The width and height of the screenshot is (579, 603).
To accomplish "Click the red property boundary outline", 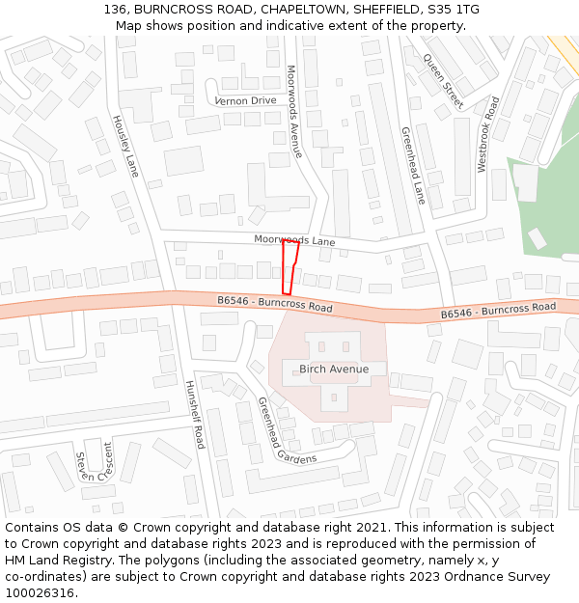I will [289, 267].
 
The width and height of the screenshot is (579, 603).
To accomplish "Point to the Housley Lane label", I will [125, 147].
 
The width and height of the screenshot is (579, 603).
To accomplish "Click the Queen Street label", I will [443, 80].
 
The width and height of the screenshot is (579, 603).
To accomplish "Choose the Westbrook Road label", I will [487, 134].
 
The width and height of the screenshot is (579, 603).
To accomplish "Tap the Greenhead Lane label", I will [413, 165].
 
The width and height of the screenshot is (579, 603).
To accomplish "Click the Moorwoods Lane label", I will [294, 239].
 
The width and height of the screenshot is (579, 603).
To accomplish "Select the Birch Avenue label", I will [334, 370].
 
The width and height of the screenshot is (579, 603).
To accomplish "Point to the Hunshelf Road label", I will [195, 414].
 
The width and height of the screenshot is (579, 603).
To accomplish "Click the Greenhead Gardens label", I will [286, 431].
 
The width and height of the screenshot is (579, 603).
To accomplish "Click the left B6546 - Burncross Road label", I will [275, 304].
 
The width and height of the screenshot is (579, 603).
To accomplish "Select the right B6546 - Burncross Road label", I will [498, 311].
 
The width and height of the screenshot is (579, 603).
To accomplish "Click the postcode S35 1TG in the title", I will [453, 10].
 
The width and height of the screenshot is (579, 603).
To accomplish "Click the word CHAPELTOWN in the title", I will [295, 10].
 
